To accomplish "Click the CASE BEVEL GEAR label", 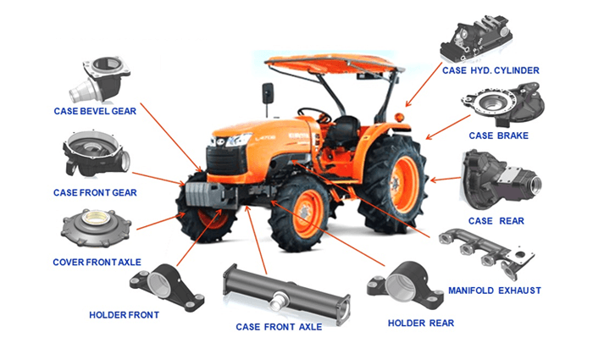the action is (x=95, y=111).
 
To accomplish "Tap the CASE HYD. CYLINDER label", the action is (x=490, y=70).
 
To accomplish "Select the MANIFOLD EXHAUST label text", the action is (x=494, y=291).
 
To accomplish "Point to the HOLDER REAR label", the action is (x=420, y=323).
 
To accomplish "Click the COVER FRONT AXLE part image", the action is (x=96, y=229).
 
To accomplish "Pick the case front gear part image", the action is (x=96, y=154).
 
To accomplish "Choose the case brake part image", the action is (x=503, y=105).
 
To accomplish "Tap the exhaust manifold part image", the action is (x=487, y=252).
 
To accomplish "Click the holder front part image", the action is (x=167, y=287).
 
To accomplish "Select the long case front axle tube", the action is (x=286, y=294).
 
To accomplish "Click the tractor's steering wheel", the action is (x=313, y=113).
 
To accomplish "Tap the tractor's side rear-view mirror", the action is (x=268, y=93).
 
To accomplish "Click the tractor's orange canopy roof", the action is (x=334, y=64).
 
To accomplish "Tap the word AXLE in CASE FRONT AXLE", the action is (x=310, y=327).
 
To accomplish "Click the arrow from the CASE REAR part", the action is (x=446, y=179).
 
